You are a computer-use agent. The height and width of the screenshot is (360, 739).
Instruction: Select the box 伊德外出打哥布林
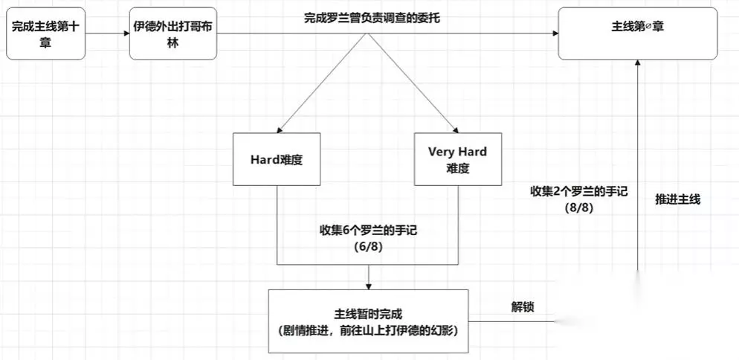[173, 34]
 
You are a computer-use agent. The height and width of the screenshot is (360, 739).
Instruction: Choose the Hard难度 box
[277, 159]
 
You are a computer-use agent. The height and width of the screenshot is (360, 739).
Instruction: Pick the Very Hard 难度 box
[457, 159]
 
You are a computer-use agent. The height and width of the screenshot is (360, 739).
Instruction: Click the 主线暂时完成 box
[369, 321]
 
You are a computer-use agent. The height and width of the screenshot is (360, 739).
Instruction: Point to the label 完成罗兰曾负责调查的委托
[372, 17]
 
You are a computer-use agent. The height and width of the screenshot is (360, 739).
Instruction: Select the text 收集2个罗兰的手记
[579, 191]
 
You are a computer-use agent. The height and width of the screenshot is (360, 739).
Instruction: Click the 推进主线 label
[677, 199]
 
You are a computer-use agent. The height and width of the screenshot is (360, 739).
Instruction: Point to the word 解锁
[522, 307]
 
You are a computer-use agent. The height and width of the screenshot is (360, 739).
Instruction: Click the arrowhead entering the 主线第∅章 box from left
[555, 33]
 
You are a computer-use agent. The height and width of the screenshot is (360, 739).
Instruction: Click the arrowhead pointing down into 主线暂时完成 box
[369, 286]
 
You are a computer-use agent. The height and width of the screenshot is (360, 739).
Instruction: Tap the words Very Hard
[457, 152]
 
